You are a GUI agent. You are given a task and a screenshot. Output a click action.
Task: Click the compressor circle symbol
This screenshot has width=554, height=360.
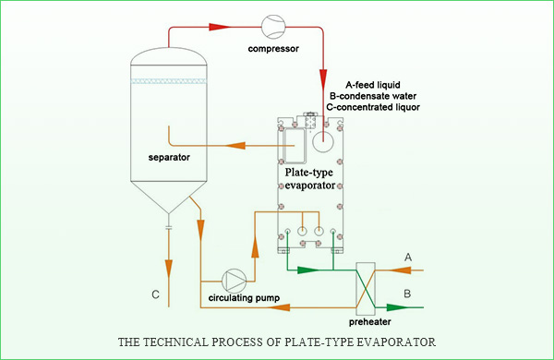pos(273,27)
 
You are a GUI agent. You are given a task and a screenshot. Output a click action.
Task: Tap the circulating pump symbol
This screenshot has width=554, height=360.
pos(234,281)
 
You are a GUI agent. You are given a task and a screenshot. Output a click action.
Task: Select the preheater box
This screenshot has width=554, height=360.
pos(366,289)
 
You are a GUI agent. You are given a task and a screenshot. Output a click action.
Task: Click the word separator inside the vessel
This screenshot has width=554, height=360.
pos(169,157)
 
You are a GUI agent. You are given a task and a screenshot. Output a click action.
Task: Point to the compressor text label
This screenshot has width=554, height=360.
pos(273,49)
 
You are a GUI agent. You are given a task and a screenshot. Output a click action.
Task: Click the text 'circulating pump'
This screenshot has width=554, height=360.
pos(244,298)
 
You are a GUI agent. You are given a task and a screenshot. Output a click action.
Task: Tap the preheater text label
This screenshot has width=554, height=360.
pos(370,322)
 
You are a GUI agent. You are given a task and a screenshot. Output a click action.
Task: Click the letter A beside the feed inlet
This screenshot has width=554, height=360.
pos(408,258)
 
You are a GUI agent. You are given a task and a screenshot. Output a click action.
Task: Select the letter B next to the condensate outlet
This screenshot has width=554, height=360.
pos(407,294)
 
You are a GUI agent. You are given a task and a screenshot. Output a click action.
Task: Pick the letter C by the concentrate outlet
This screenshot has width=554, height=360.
pos(155,294)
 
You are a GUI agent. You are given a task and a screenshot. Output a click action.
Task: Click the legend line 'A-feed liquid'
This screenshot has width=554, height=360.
pos(373,85)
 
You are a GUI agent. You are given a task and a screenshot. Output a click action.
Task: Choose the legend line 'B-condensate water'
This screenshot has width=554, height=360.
pos(373,96)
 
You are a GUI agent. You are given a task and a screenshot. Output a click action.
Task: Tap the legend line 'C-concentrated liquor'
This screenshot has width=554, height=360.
pos(373,107)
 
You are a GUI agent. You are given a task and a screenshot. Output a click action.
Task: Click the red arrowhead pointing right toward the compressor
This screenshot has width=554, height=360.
pos(220,27)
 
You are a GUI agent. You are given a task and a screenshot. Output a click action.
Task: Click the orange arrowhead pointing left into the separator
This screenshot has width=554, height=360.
pos(235,145)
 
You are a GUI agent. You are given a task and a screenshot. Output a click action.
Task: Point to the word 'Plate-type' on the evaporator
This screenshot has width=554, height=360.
pos(309,173)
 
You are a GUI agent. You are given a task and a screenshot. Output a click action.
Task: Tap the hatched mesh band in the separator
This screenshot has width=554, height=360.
pos(169,81)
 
